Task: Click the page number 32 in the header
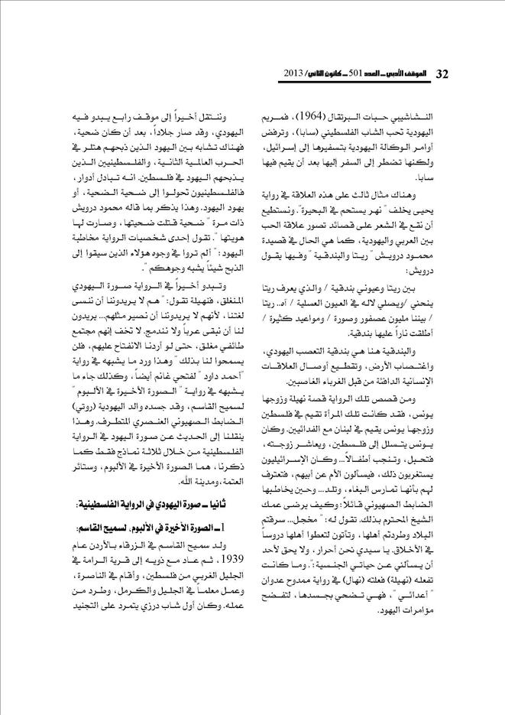click(441, 73)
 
